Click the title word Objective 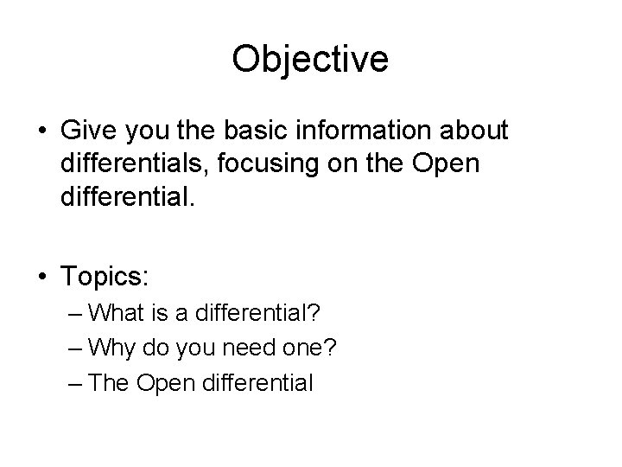pyautogui.click(x=310, y=60)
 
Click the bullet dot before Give pyautogui.click(x=41, y=131)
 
